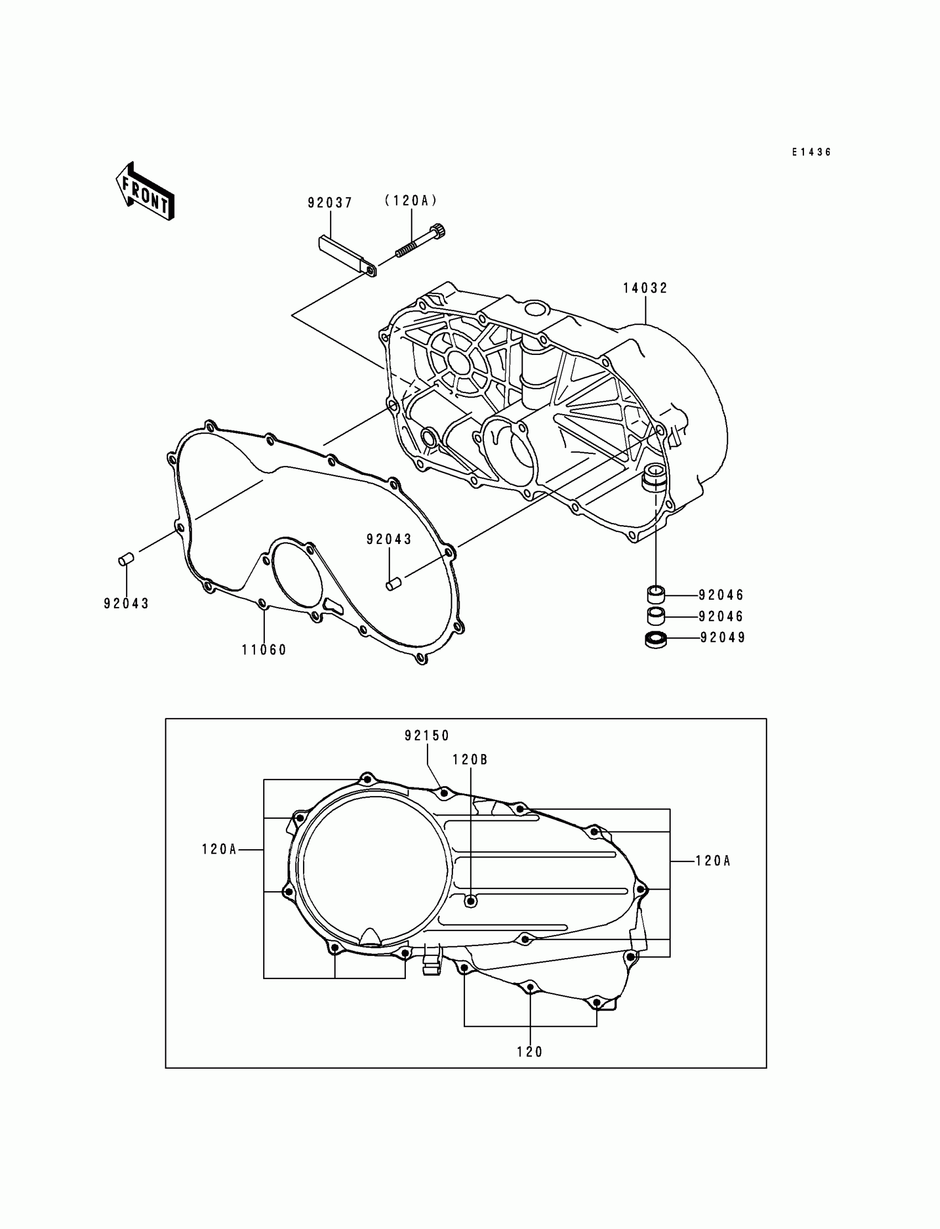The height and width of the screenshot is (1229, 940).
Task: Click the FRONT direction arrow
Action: (x=144, y=191)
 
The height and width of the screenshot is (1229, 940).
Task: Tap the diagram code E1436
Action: (x=811, y=152)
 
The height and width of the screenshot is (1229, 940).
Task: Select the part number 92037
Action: (x=330, y=202)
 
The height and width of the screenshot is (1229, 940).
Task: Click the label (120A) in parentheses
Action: (x=411, y=201)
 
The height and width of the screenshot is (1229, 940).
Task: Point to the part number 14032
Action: (x=645, y=288)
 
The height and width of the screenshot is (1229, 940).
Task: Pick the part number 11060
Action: (x=264, y=650)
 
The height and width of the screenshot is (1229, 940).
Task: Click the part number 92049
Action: (x=723, y=637)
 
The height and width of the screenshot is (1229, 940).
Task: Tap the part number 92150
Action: (x=427, y=736)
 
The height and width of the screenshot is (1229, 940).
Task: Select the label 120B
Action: (x=470, y=759)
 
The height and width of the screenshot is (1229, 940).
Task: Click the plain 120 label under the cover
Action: (x=529, y=1052)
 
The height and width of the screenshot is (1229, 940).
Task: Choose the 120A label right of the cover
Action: (x=713, y=861)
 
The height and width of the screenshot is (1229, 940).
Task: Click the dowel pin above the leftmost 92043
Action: (x=126, y=558)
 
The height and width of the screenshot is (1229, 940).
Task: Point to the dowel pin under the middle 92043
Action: (x=394, y=584)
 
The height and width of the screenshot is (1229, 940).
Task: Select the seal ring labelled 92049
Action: (x=656, y=639)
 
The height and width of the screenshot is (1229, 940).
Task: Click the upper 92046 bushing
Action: (x=656, y=593)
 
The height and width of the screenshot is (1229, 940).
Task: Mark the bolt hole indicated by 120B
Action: (x=471, y=901)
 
